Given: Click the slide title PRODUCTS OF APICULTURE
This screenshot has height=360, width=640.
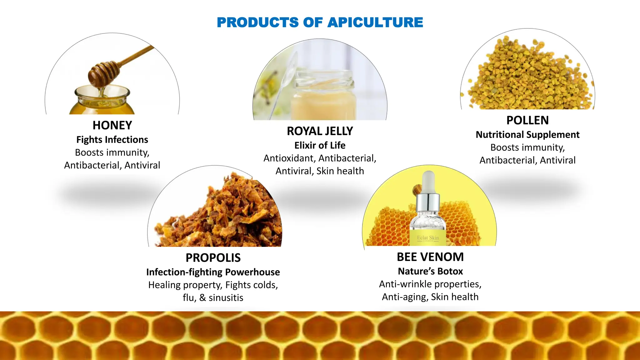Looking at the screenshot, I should pos(320,22).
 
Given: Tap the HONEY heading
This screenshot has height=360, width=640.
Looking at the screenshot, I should pos(112,125).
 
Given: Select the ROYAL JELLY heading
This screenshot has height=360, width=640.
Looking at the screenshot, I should pos(320,131).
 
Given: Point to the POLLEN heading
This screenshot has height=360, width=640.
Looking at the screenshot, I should pos(527,120).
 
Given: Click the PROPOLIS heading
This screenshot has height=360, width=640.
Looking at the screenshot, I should pos(213,258).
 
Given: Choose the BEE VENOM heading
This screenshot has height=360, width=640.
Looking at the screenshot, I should pos(430,257).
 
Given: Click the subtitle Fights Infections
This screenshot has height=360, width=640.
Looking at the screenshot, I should pos(112,140).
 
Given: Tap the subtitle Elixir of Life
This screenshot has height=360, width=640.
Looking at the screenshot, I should pos(320,145).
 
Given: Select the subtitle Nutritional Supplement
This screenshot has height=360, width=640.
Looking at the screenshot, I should pos(527,135).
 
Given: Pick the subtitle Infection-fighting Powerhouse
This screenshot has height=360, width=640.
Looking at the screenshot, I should pos(213,272).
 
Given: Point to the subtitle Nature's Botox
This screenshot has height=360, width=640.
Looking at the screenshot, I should pos(430,271).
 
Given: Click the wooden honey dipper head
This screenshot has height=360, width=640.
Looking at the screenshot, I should pos(103,74).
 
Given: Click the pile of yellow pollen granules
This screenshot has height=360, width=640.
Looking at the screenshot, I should pos(528,75).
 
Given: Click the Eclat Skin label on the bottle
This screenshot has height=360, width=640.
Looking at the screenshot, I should pos(428,238).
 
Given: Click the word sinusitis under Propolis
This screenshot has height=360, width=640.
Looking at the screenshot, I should pos(226,298).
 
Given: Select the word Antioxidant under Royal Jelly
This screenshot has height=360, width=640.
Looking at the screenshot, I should pos(288,158).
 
